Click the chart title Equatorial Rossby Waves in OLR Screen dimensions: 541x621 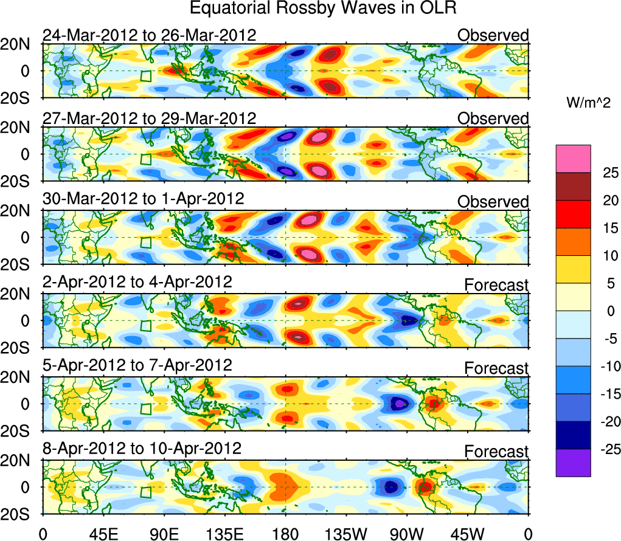pos(323,9)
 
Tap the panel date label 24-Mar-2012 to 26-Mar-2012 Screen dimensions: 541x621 pos(149,35)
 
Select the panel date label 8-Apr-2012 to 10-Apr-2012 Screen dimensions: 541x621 pos(142,449)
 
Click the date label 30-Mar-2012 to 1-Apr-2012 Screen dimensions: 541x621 pos(143,199)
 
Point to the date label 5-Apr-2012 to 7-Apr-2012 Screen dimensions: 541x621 pos(137,365)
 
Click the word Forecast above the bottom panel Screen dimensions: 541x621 pos(496,452)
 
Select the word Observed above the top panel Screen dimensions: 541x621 pos(493,35)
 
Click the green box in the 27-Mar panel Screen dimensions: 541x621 pos(145,159)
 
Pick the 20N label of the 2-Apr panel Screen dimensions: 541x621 pos(18,294)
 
